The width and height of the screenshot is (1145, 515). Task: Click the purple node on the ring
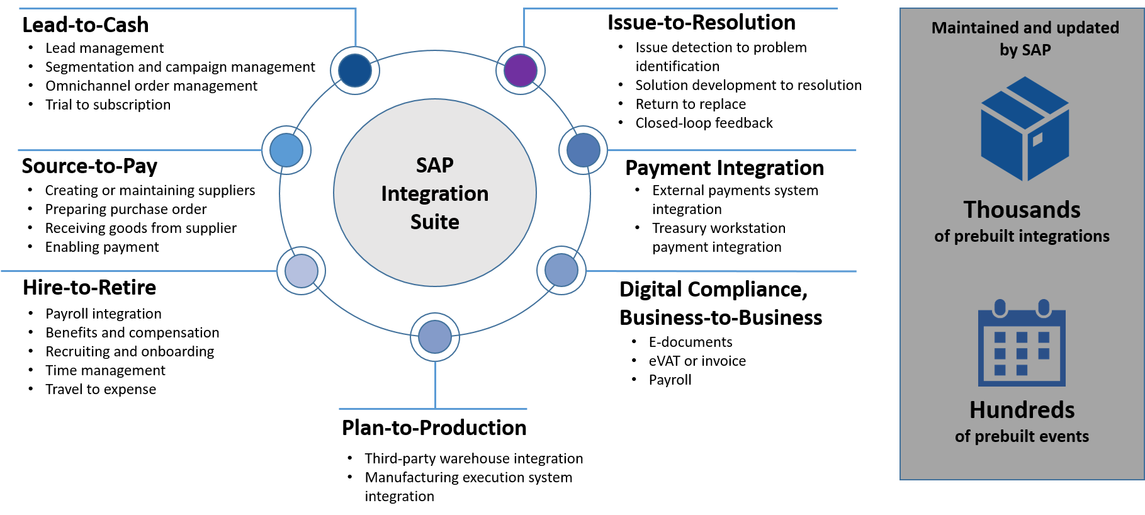pos(521,71)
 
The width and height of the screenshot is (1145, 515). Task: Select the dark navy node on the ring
pos(355,70)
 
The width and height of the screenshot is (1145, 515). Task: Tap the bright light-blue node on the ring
pos(286,150)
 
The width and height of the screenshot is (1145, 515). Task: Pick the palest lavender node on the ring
pos(302,271)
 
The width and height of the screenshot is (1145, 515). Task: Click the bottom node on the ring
pos(435,337)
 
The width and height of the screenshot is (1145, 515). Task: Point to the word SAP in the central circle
pos(434,165)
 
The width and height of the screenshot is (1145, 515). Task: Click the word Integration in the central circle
pos(434,193)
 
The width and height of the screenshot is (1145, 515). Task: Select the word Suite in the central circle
pos(434,222)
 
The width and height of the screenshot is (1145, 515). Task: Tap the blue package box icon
pos(1025,129)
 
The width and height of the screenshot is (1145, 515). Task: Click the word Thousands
pos(1022,210)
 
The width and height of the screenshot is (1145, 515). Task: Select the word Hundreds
pos(1022,410)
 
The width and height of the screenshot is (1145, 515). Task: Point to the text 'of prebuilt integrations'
pos(1022,236)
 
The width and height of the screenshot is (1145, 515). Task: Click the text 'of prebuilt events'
pos(1022,436)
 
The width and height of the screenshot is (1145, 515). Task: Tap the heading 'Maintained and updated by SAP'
pos(1025,38)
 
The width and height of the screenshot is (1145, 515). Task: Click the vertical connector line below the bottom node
pos(435,385)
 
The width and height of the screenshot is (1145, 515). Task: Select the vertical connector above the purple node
pos(524,28)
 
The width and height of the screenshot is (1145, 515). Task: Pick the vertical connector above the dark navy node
pos(356,28)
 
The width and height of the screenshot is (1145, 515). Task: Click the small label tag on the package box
pos(1038,139)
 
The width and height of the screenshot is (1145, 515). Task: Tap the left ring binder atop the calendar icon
pos(1000,308)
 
